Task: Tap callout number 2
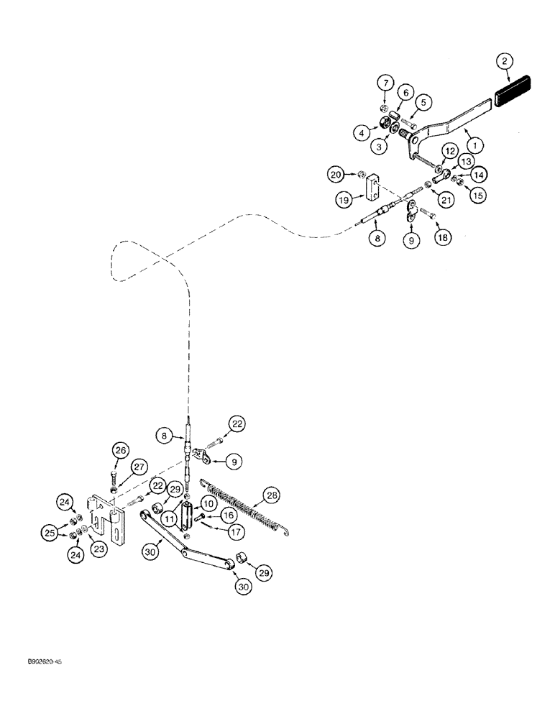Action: tap(507, 62)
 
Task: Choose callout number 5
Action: tap(423, 103)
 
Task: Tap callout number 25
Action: tap(50, 533)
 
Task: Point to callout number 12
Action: tap(449, 151)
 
